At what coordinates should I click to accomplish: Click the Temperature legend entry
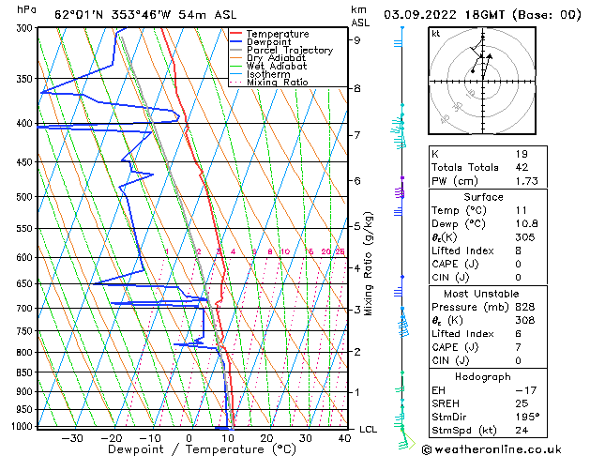pyautogui.click(x=278, y=34)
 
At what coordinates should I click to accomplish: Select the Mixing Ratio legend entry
pyautogui.click(x=277, y=83)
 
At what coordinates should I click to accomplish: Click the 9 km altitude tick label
pyautogui.click(x=356, y=39)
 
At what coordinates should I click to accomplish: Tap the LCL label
pyautogui.click(x=370, y=429)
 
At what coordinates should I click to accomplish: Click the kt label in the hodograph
pyautogui.click(x=436, y=33)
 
